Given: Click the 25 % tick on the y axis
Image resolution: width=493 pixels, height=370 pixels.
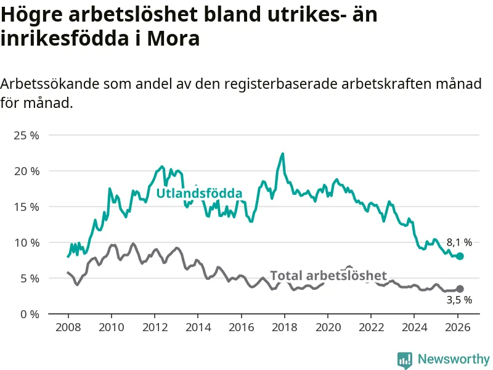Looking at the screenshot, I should pyautogui.click(x=26, y=135).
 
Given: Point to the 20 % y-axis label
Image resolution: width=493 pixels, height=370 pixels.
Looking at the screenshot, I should pyautogui.click(x=26, y=171).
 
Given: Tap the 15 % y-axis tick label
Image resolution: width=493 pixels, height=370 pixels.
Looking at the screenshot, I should pyautogui.click(x=26, y=207).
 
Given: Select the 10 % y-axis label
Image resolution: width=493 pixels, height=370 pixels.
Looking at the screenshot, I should pyautogui.click(x=26, y=242).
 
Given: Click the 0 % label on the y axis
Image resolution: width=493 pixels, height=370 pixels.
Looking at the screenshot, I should pyautogui.click(x=28, y=314).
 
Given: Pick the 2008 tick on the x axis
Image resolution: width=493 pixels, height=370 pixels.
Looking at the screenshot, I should pyautogui.click(x=67, y=327).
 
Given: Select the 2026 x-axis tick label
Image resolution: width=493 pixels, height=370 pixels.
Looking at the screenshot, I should pyautogui.click(x=458, y=327).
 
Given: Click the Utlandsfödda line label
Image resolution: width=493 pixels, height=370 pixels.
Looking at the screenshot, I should pyautogui.click(x=199, y=194).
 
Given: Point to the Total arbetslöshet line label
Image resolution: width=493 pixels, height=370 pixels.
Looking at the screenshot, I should pyautogui.click(x=328, y=276).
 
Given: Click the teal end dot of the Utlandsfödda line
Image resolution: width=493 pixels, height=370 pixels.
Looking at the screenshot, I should pyautogui.click(x=460, y=256).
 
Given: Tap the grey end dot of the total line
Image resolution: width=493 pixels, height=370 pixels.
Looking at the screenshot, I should pyautogui.click(x=460, y=289).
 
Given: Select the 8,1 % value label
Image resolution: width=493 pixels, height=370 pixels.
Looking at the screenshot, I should pyautogui.click(x=459, y=242).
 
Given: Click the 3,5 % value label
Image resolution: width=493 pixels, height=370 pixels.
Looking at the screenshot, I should pyautogui.click(x=459, y=300).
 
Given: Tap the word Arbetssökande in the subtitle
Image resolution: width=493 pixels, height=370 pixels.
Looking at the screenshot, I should pyautogui.click(x=49, y=84).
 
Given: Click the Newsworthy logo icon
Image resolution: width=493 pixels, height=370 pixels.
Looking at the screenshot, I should pyautogui.click(x=405, y=359).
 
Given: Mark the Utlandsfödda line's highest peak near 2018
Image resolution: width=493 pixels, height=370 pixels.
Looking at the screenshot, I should pyautogui.click(x=282, y=154).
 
